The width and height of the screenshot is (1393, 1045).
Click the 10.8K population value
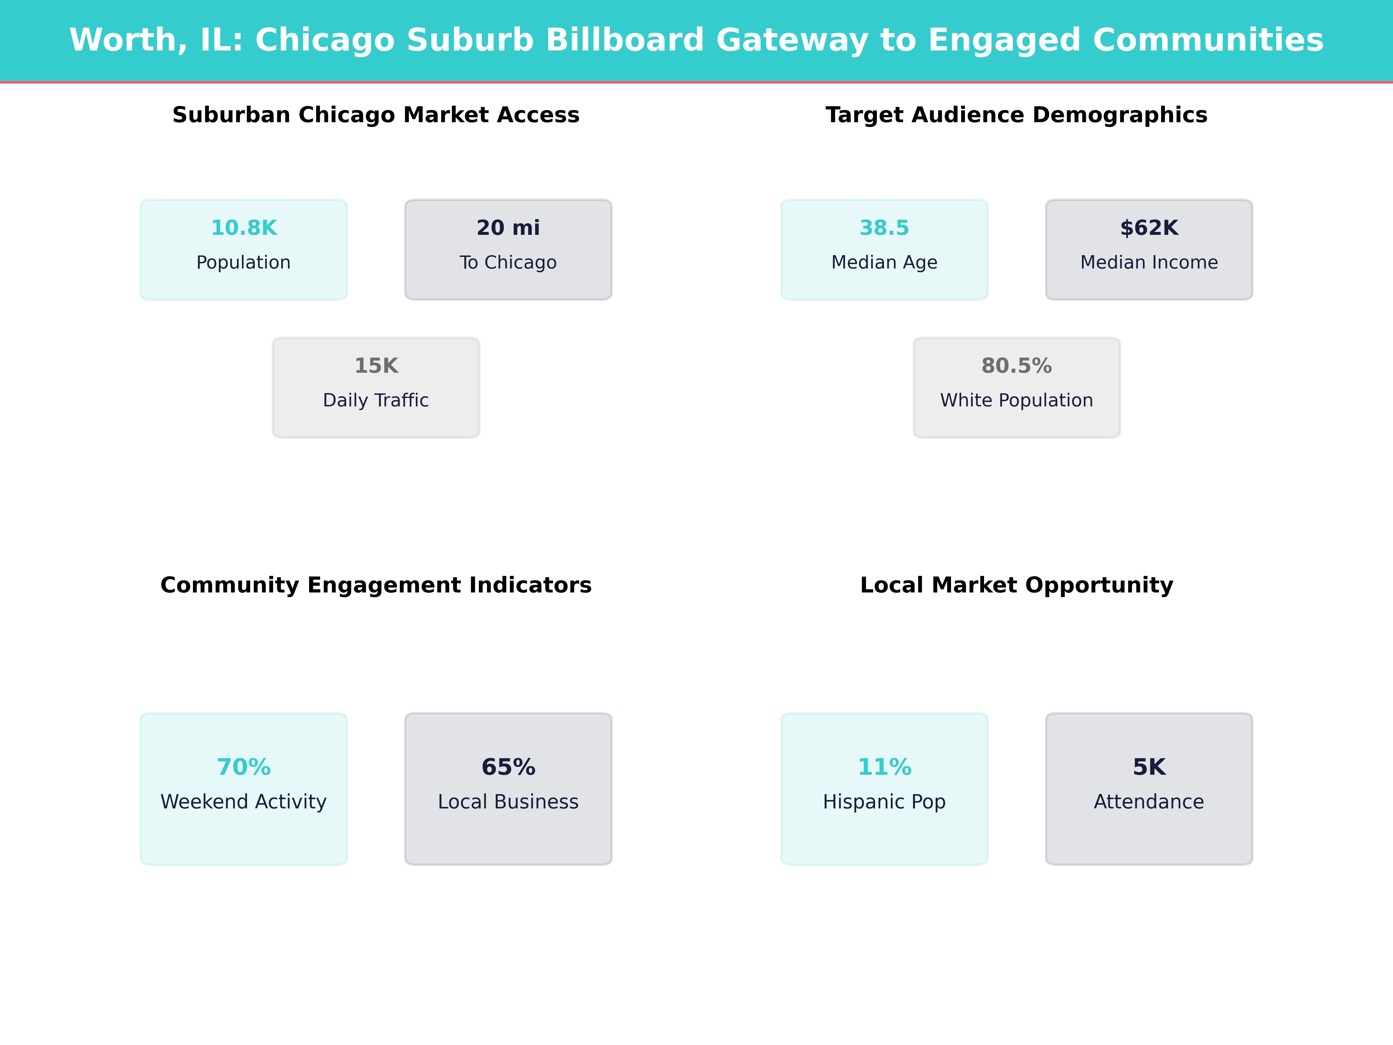244,228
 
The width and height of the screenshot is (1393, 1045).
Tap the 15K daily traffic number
376,366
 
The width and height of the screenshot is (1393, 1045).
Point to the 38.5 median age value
884,228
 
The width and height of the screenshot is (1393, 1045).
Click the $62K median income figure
1149,228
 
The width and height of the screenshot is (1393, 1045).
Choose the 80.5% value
1016,366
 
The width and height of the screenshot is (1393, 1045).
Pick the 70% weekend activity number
244,767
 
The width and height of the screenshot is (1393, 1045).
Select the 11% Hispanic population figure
884,767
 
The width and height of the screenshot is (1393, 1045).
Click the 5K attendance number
1149,767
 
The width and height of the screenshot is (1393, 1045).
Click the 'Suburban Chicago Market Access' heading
376,115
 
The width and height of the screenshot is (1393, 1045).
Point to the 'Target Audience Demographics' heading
1016,115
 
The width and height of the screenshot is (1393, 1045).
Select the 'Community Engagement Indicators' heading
376,585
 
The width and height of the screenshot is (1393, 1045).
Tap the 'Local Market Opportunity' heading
1016,585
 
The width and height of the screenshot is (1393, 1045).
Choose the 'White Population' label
1016,401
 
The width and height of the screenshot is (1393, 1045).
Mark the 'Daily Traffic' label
376,401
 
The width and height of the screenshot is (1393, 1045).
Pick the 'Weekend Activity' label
244,802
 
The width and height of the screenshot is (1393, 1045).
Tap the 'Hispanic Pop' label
884,802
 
